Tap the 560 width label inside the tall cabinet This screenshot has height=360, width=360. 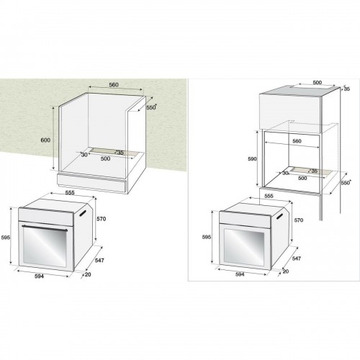pyautogui.click(x=296, y=142)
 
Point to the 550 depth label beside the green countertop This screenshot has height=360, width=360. pyautogui.click(x=151, y=107)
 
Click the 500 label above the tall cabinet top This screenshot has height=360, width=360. pyautogui.click(x=297, y=83)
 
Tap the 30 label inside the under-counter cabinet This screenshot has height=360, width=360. pyautogui.click(x=84, y=153)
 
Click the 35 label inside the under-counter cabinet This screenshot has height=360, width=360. pyautogui.click(x=120, y=152)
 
